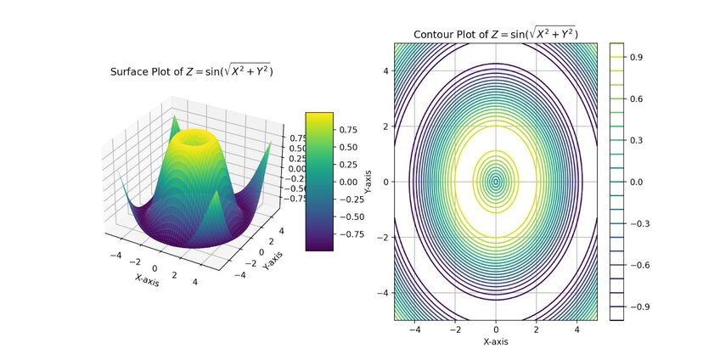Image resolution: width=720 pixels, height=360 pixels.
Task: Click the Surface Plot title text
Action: click(x=191, y=71)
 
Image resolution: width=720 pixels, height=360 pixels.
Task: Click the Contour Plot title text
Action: click(x=496, y=34)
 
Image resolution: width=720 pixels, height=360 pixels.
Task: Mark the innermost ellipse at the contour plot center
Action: click(x=496, y=181)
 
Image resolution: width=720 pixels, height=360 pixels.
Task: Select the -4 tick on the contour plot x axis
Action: click(x=415, y=328)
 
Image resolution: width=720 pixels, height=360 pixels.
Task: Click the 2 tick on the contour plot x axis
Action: click(x=537, y=328)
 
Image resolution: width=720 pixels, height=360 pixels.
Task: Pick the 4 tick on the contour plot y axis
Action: click(x=384, y=71)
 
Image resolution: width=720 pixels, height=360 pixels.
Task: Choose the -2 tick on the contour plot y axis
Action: click(x=382, y=237)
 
